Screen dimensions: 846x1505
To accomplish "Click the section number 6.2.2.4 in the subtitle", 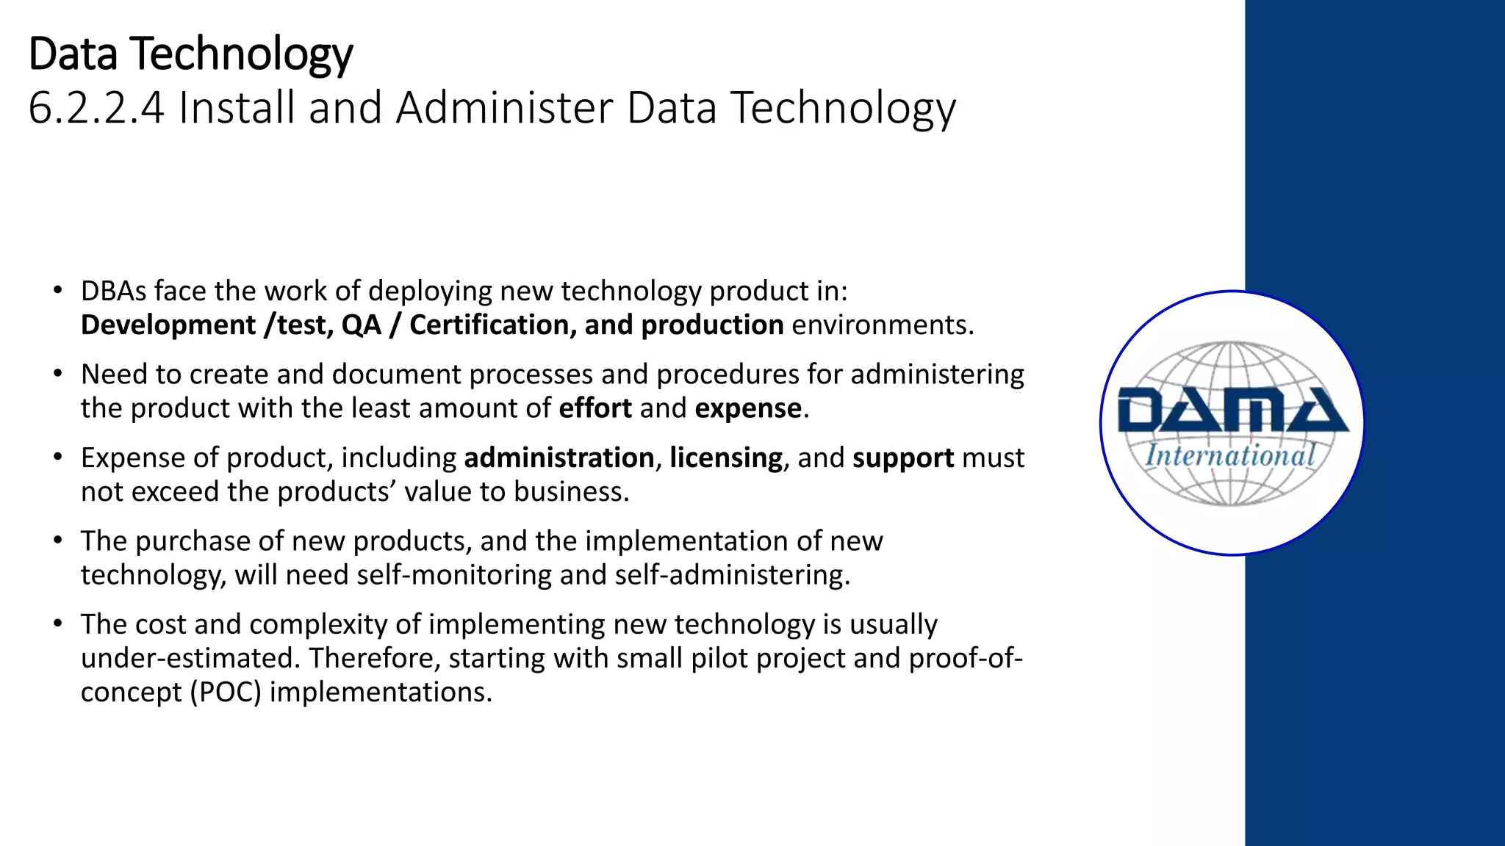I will pyautogui.click(x=96, y=108).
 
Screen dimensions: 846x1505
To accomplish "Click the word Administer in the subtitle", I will pyautogui.click(x=504, y=108).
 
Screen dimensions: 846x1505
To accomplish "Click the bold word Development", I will pyautogui.click(x=168, y=325).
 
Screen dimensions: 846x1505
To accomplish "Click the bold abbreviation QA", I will pyautogui.click(x=361, y=325).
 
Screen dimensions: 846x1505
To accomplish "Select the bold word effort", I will pyautogui.click(x=595, y=408).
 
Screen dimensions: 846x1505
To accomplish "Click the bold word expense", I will pyautogui.click(x=748, y=408).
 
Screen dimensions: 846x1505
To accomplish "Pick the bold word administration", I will pyautogui.click(x=558, y=458).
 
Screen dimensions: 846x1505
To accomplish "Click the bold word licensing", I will pyautogui.click(x=725, y=458).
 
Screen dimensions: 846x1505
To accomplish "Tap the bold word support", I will pyautogui.click(x=903, y=458).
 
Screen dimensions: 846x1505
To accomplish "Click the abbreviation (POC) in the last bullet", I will pyautogui.click(x=226, y=693).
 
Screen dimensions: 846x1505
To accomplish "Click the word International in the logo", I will pyautogui.click(x=1230, y=456).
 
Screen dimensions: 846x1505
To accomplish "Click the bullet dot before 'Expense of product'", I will pyautogui.click(x=57, y=457).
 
